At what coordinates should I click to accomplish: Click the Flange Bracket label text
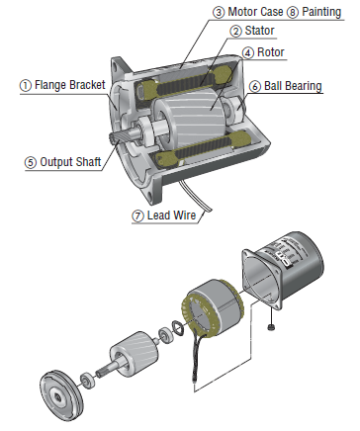(x=70, y=85)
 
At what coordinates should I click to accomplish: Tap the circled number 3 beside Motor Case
(x=219, y=13)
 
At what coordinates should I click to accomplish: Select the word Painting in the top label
(x=321, y=12)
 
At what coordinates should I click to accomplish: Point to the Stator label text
(x=259, y=31)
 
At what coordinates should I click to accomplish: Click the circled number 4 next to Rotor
(x=248, y=53)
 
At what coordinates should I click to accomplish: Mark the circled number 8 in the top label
(x=293, y=13)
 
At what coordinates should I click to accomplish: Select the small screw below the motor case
(x=271, y=327)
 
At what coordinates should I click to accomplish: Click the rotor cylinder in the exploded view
(x=132, y=355)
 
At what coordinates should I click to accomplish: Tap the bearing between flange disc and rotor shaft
(x=88, y=380)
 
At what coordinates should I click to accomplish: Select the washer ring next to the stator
(x=179, y=328)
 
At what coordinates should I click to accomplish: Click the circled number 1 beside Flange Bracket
(x=26, y=86)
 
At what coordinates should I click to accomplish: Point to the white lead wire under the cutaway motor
(x=196, y=196)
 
